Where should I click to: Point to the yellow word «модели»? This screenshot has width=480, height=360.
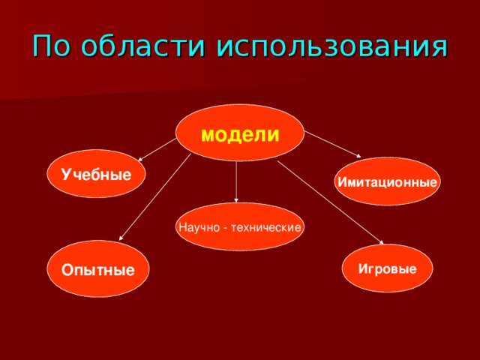click(x=240, y=135)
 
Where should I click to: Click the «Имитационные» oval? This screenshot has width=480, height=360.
click(x=387, y=182)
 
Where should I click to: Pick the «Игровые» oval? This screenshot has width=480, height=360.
click(x=387, y=268)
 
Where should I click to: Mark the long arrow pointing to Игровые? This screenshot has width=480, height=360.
click(x=330, y=202)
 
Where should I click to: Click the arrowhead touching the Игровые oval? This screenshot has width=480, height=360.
click(x=380, y=244)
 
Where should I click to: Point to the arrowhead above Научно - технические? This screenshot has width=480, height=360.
click(x=236, y=200)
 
